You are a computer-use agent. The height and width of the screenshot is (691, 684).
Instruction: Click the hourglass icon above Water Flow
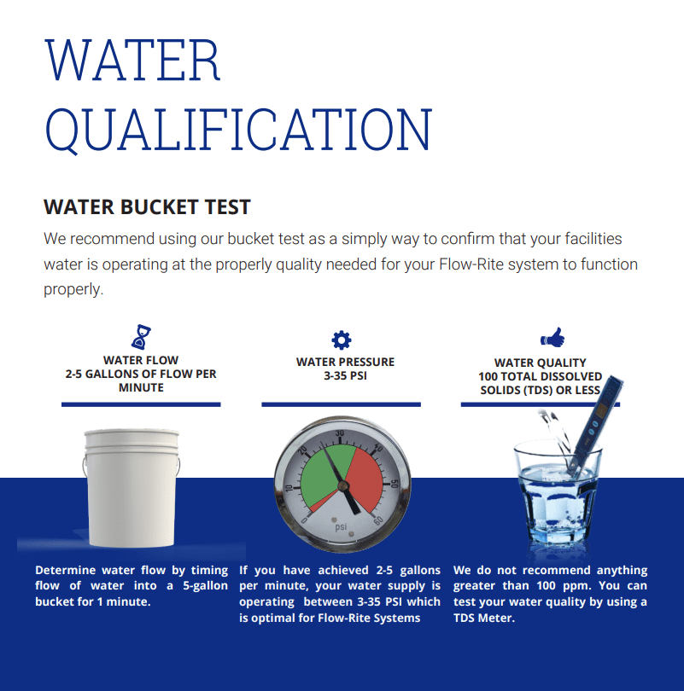141,337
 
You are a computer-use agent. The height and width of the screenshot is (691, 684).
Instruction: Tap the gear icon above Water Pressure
342,340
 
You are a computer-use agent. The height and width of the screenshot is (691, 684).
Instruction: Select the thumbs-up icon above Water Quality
552,337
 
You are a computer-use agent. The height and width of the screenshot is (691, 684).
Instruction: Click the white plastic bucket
132,487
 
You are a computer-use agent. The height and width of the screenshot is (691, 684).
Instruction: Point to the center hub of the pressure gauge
342,485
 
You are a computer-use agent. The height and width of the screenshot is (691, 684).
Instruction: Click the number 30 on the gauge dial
340,433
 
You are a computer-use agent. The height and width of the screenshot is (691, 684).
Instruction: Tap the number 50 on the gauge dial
395,484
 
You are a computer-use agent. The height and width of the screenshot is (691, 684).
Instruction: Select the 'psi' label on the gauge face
341,526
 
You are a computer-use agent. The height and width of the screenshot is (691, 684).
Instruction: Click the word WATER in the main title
132,60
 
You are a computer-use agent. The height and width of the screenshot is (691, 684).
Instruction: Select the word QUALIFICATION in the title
238,130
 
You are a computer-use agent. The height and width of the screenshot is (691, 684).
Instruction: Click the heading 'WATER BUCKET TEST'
147,207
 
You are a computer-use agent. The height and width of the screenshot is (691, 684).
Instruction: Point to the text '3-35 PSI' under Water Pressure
345,376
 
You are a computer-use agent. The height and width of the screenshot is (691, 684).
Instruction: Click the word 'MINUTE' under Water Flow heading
141,388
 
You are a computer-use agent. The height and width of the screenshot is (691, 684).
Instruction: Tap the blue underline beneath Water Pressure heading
341,404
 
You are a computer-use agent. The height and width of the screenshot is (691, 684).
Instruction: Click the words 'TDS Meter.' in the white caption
484,618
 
